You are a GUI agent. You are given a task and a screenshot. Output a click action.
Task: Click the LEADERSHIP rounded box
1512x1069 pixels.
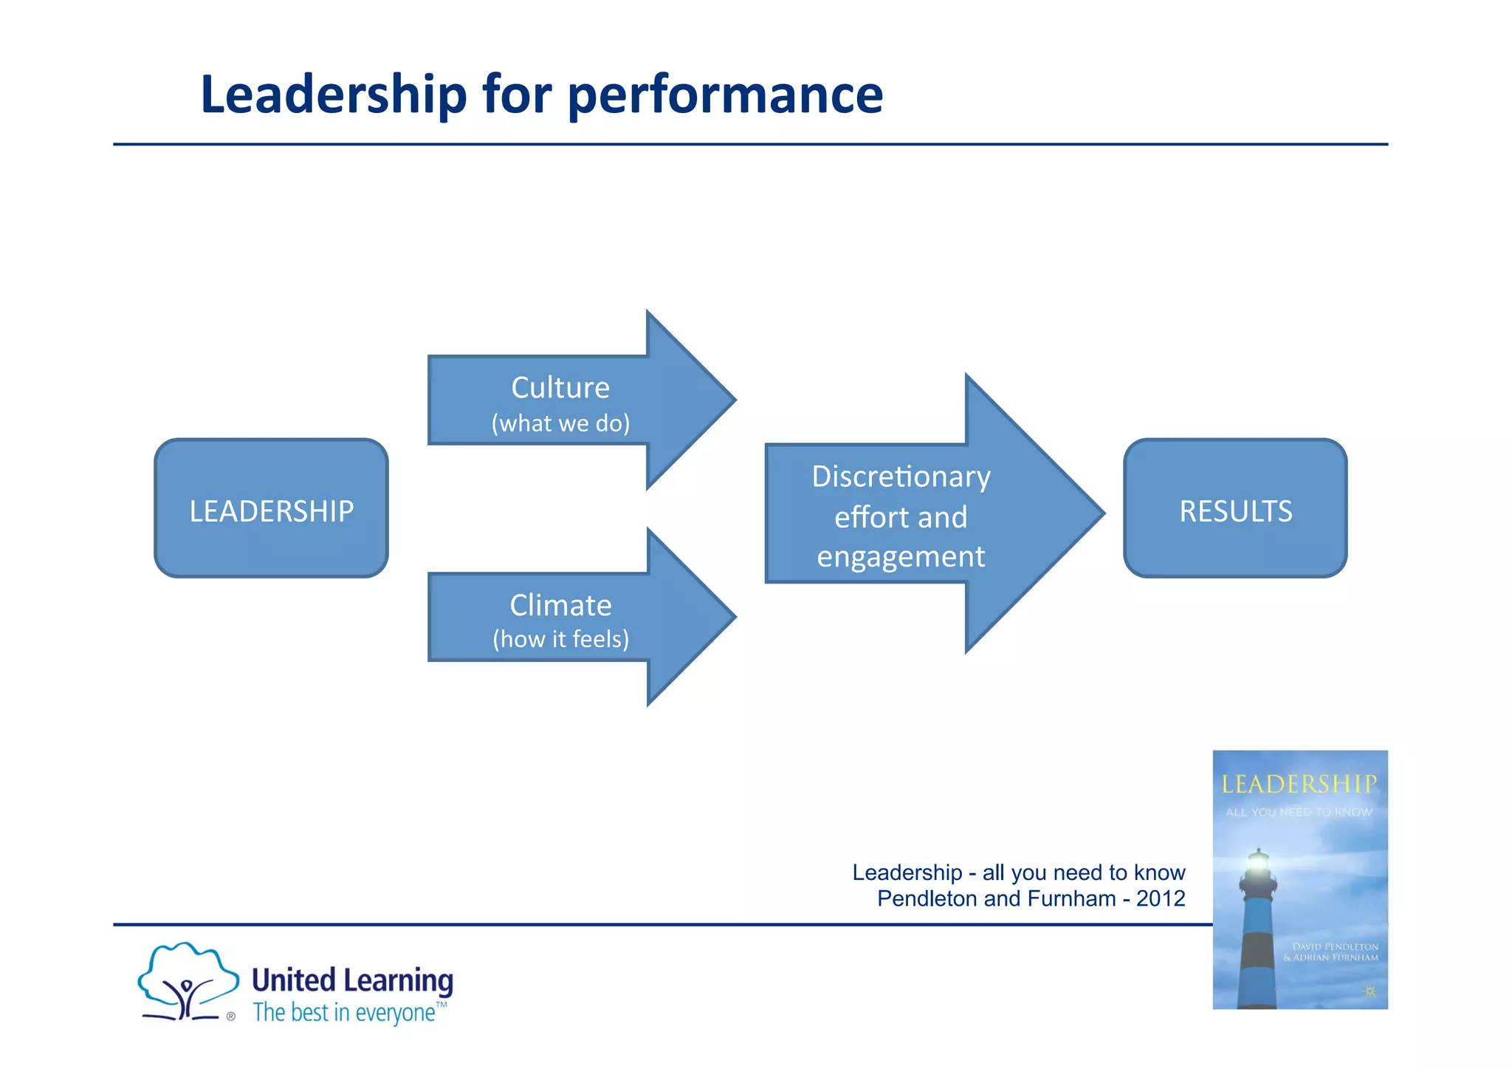pyautogui.click(x=271, y=508)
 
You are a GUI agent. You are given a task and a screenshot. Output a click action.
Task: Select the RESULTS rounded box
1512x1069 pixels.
pyautogui.click(x=1235, y=508)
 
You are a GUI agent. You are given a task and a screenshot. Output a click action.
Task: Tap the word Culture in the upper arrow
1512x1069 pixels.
pyautogui.click(x=560, y=388)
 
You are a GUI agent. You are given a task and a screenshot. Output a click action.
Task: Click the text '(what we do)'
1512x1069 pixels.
pyautogui.click(x=560, y=423)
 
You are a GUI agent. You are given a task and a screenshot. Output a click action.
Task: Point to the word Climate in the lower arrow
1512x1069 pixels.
pyautogui.click(x=560, y=605)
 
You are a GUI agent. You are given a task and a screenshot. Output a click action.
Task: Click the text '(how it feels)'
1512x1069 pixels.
pyautogui.click(x=560, y=639)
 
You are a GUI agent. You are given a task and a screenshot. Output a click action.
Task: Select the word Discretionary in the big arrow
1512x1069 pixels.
pyautogui.click(x=901, y=477)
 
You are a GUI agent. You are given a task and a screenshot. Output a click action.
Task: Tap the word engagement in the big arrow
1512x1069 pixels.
pyautogui.click(x=901, y=557)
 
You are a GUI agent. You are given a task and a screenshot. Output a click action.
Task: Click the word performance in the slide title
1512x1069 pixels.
pyautogui.click(x=725, y=95)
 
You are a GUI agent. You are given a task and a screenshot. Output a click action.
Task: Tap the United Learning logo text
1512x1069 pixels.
pyautogui.click(x=352, y=980)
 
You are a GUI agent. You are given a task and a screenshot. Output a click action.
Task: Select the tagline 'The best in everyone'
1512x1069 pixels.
pyautogui.click(x=344, y=1012)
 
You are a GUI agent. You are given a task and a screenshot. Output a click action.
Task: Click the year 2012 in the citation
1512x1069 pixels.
pyautogui.click(x=1161, y=898)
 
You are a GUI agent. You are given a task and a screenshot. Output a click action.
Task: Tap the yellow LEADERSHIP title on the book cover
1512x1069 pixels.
pyautogui.click(x=1299, y=784)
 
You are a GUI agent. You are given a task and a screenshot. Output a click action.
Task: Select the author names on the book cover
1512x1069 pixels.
pyautogui.click(x=1331, y=952)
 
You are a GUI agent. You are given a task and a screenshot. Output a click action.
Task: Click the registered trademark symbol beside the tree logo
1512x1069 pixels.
pyautogui.click(x=231, y=1017)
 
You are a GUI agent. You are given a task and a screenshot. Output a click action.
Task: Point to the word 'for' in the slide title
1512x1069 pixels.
pyautogui.click(x=517, y=95)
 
